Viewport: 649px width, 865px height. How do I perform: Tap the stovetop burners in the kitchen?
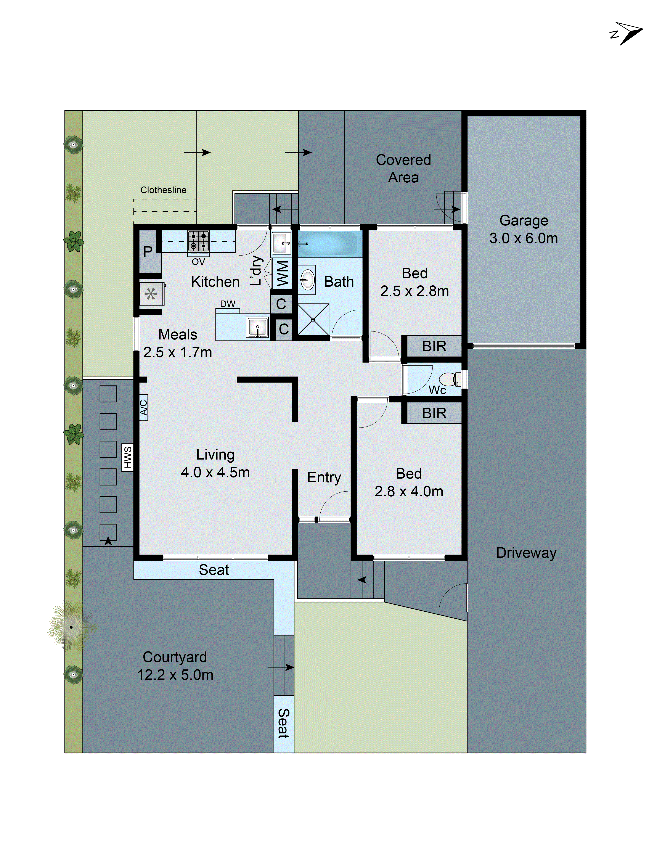199,241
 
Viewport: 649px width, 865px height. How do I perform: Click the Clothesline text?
163,190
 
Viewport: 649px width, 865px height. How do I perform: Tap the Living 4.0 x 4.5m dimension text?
215,472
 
